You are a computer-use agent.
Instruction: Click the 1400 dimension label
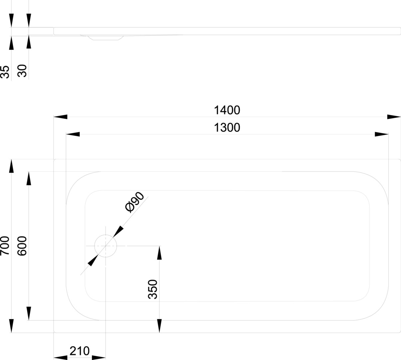click(x=227, y=110)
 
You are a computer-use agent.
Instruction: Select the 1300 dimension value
click(x=227, y=127)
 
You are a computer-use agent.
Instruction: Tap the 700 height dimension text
click(x=5, y=246)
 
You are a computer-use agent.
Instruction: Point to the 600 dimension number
click(x=22, y=246)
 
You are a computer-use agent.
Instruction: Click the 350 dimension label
click(x=153, y=289)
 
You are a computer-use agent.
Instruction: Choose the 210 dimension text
click(x=80, y=351)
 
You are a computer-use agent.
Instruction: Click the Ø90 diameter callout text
click(x=135, y=202)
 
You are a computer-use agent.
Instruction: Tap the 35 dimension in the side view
click(x=5, y=72)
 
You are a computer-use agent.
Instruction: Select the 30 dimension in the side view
click(x=22, y=71)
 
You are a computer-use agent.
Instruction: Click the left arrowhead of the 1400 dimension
click(x=61, y=117)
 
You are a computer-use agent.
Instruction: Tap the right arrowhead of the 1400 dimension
click(x=394, y=117)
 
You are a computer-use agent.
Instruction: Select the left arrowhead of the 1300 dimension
click(x=73, y=134)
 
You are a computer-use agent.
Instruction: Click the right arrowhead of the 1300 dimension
click(x=382, y=134)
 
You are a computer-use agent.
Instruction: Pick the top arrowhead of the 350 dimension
click(x=159, y=253)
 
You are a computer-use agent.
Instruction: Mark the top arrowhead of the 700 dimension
click(x=11, y=166)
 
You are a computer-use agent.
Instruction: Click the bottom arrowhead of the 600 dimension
click(x=29, y=313)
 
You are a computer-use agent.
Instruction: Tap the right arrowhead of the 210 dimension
click(x=99, y=358)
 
